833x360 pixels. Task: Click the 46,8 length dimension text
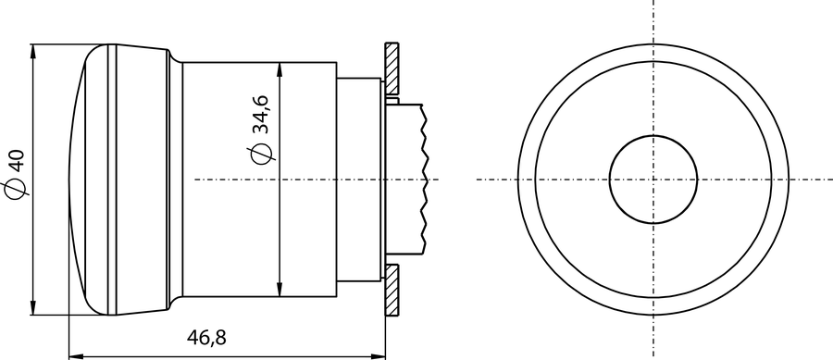[x=206, y=337]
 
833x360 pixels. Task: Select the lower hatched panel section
[x=392, y=291]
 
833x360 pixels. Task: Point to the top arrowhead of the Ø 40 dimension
[x=33, y=52]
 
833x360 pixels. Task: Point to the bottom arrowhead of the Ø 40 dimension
[x=33, y=307]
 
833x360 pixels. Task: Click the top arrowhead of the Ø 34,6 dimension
[x=280, y=70]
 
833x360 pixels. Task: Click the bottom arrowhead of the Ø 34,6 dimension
[x=280, y=290]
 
